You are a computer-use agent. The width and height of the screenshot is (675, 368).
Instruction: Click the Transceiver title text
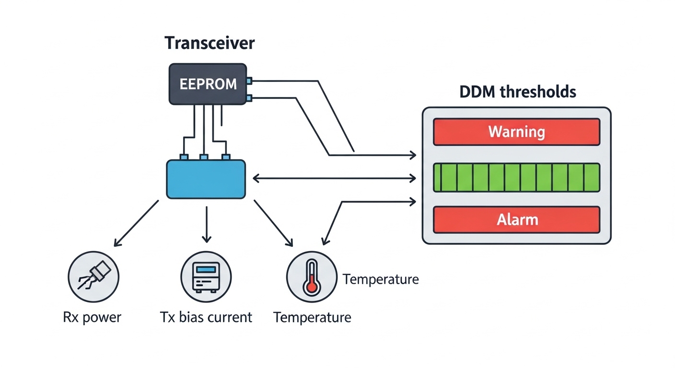209,43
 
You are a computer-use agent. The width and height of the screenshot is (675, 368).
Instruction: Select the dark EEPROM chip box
208,84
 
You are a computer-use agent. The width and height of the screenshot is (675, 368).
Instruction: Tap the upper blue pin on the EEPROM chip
249,81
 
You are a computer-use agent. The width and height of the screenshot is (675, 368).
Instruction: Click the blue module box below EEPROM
206,179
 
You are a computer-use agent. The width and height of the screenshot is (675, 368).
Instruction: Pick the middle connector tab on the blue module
204,157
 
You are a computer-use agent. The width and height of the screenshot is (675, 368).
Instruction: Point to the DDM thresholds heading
517,92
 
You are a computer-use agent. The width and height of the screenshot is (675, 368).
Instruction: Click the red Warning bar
516,132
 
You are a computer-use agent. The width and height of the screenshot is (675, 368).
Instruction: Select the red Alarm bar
516,220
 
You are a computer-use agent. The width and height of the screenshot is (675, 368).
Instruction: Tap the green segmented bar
516,178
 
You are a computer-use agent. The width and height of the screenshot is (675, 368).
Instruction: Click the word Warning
516,132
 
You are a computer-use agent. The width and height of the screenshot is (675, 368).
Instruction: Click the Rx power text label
92,317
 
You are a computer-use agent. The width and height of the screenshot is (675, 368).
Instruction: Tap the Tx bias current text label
206,317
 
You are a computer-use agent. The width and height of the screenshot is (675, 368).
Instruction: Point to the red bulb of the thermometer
312,287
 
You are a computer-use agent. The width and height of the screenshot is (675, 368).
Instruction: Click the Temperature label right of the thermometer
381,279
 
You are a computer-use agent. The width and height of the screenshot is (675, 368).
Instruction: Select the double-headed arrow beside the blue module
334,179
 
